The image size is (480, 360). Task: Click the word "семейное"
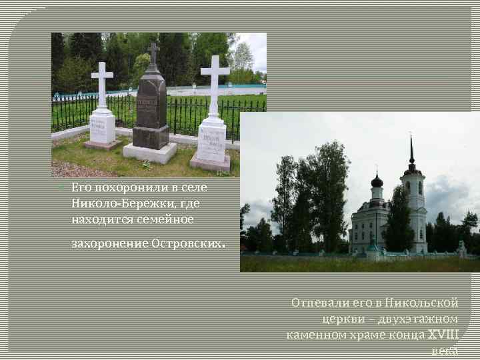(x=165, y=218)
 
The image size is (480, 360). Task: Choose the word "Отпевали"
(x=317, y=303)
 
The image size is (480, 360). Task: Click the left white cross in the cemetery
(x=102, y=83)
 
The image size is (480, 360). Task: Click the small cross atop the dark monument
(x=153, y=54)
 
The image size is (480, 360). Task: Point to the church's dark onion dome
(x=377, y=181)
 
